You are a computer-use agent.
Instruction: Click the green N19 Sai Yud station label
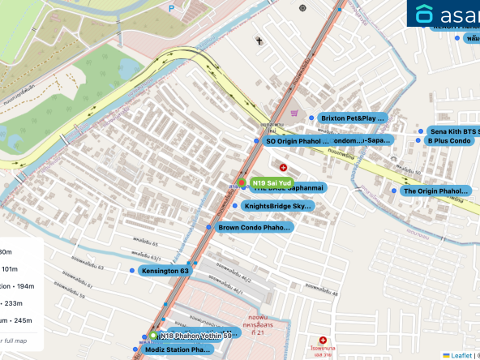point(271,183)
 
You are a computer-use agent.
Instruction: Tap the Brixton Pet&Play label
point(354,118)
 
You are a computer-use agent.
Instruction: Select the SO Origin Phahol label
point(298,141)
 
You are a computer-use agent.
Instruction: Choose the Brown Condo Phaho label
point(254,228)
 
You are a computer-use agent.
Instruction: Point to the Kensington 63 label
point(165,270)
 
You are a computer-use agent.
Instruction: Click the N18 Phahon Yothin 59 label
point(195,335)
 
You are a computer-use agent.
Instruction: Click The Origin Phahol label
point(436,191)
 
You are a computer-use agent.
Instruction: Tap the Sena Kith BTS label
point(454,131)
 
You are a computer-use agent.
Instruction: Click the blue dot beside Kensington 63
point(132,270)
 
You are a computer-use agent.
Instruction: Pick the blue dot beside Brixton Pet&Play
point(313,118)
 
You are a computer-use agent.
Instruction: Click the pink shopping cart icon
point(295,114)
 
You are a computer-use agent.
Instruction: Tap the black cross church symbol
point(259,40)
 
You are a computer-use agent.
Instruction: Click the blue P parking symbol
point(171,7)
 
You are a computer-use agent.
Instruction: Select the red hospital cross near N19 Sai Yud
point(283,167)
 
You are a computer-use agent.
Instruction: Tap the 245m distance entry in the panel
point(16,319)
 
